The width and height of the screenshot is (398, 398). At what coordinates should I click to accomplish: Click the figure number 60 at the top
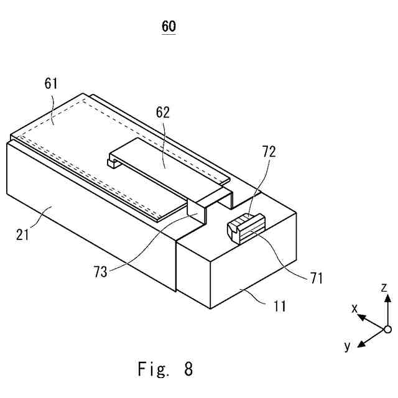pyautogui.click(x=169, y=26)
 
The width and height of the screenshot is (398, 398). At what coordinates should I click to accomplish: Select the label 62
pyautogui.click(x=163, y=112)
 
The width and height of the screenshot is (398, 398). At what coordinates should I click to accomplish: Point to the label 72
pyautogui.click(x=269, y=151)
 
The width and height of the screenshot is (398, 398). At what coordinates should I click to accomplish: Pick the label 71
pyautogui.click(x=316, y=277)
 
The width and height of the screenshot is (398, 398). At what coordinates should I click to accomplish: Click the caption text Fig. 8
pyautogui.click(x=165, y=369)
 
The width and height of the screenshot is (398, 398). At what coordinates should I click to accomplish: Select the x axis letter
pyautogui.click(x=354, y=308)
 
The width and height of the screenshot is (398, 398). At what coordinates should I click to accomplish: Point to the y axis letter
pyautogui.click(x=348, y=345)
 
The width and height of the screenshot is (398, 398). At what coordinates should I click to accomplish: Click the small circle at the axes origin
pyautogui.click(x=387, y=329)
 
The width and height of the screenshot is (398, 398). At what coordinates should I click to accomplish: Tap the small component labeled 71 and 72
pyautogui.click(x=245, y=227)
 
